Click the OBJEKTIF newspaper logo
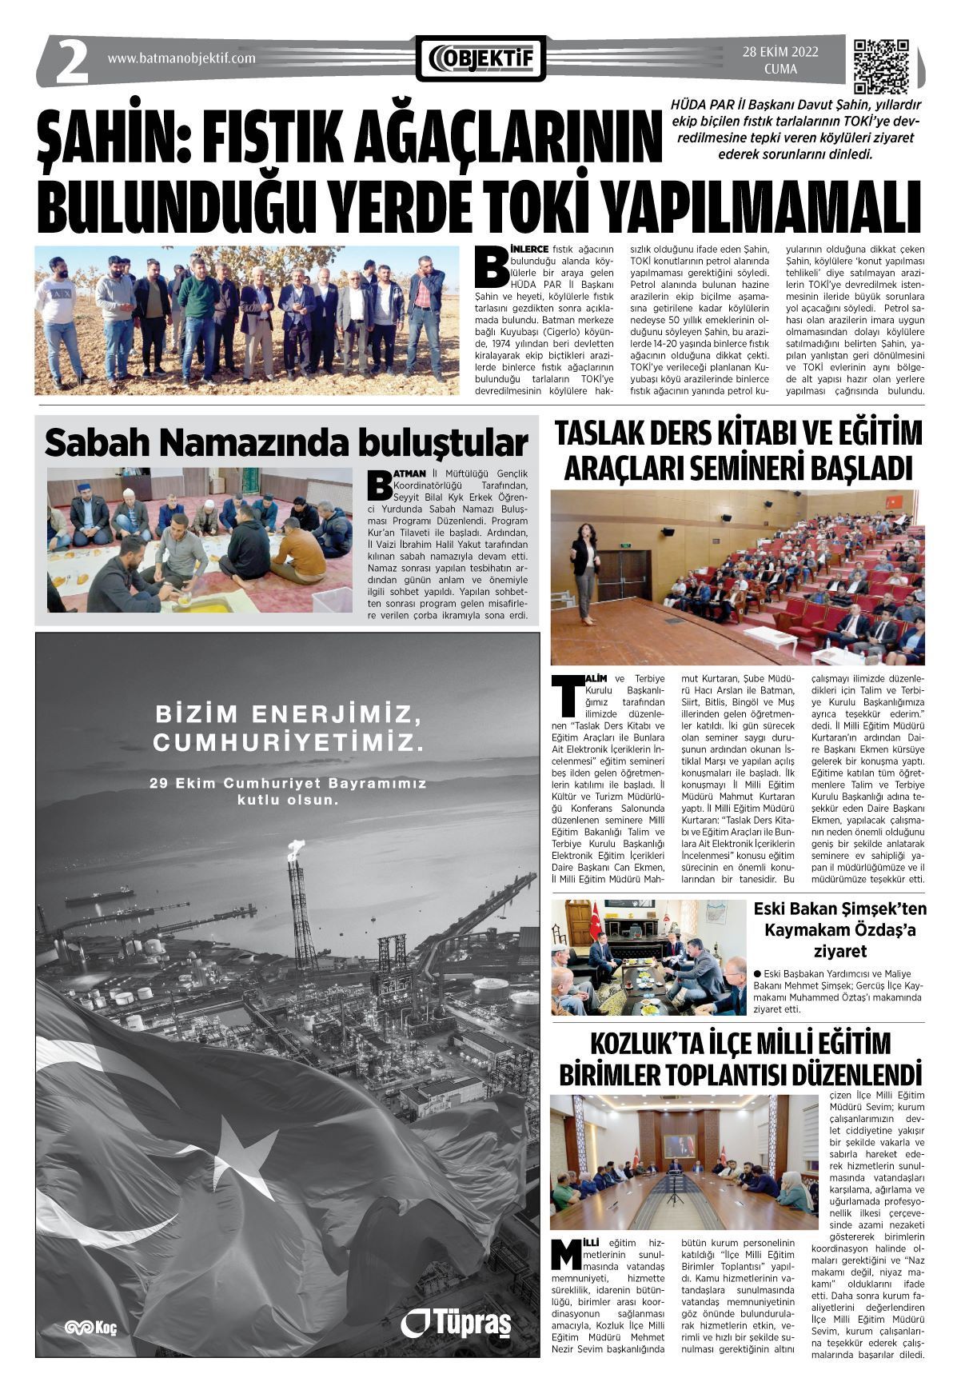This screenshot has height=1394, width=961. coord(481,58)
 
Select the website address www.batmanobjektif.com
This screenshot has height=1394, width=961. coord(181,58)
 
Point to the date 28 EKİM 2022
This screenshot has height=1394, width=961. coord(780,53)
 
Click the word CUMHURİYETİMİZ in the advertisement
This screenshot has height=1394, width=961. coord(287,744)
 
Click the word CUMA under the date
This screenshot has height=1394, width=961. coord(780,69)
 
